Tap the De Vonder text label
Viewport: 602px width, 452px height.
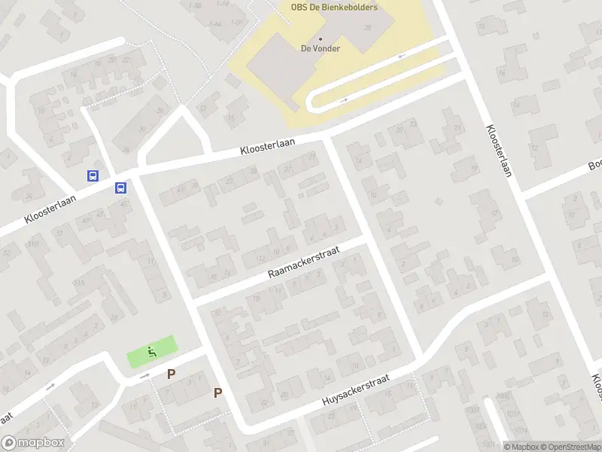[x=321, y=49]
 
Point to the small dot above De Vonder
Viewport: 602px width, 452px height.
[x=321, y=39]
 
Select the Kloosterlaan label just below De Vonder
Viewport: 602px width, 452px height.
[x=268, y=146]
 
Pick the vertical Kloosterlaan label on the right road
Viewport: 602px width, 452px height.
[x=499, y=151]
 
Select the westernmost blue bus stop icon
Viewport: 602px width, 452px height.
[x=93, y=176]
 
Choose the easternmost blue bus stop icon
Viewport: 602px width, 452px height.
[x=120, y=188]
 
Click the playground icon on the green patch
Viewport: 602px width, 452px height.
[x=152, y=351]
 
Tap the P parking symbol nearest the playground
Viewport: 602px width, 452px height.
[x=171, y=374]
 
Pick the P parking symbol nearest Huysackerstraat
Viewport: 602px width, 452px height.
[x=217, y=392]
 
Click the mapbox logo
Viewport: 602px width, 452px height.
[x=33, y=443]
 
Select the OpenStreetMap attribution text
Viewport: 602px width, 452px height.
[x=570, y=447]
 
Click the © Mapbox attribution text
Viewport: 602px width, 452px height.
[x=522, y=447]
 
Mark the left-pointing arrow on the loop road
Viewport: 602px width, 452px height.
[x=402, y=56]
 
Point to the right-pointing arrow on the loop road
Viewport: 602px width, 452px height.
[x=344, y=99]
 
